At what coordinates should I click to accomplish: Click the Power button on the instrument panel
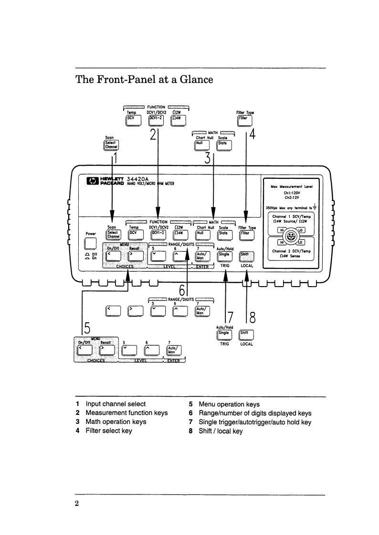click(x=91, y=244)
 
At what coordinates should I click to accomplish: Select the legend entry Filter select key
click(x=109, y=431)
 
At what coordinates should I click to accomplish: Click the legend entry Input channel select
click(x=116, y=404)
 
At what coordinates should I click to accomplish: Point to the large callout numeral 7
click(x=230, y=317)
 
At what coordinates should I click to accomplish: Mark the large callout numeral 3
click(x=207, y=158)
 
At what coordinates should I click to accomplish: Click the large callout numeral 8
click(x=253, y=317)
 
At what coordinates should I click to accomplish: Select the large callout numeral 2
click(x=153, y=134)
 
